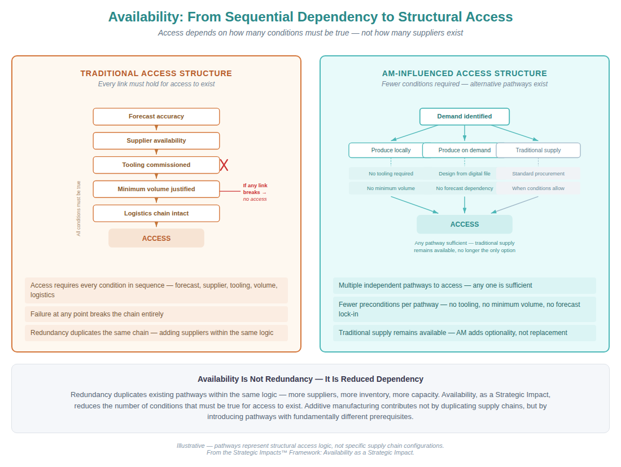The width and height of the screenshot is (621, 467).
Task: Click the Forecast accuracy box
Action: pos(156,117)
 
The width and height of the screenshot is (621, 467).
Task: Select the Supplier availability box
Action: pos(156,141)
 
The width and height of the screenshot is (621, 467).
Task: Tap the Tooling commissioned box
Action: pos(156,165)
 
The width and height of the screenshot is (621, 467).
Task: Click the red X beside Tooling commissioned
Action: pos(224,165)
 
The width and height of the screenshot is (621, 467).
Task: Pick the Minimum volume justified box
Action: pos(156,190)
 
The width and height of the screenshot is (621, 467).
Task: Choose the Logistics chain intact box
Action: pos(156,214)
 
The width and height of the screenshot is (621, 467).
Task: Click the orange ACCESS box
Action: pos(156,239)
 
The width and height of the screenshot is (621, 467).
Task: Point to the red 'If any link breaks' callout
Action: pos(255,192)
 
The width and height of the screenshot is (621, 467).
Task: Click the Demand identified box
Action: pos(465,117)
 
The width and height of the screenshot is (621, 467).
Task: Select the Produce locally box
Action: pos(391,151)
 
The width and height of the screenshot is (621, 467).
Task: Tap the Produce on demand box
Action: pos(465,151)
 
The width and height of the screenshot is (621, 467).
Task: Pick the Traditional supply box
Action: pos(538,151)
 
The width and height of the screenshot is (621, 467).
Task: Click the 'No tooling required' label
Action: pos(391,174)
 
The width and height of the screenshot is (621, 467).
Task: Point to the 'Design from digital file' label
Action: pos(465,174)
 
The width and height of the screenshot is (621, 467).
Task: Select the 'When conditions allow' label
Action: pos(538,188)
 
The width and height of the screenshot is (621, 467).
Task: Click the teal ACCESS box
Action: pos(465,224)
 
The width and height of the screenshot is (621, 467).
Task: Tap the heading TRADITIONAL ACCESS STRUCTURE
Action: pos(156,73)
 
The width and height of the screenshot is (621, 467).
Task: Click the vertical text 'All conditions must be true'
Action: pos(78,208)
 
